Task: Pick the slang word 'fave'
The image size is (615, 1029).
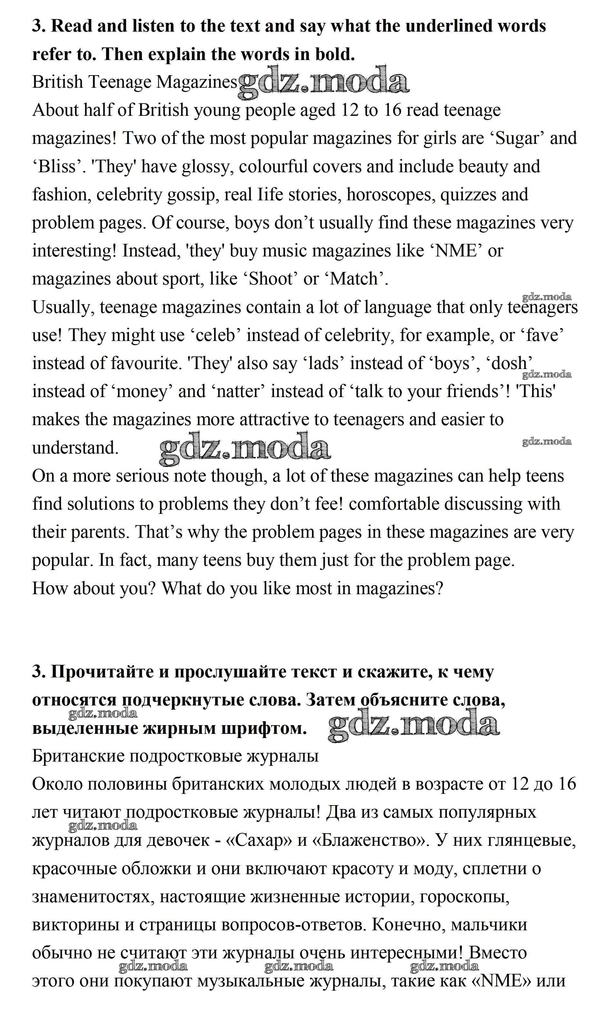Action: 544,335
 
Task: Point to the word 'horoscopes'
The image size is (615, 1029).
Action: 390,195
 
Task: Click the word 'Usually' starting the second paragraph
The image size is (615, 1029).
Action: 61,307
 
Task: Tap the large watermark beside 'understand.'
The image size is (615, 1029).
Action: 245,448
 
